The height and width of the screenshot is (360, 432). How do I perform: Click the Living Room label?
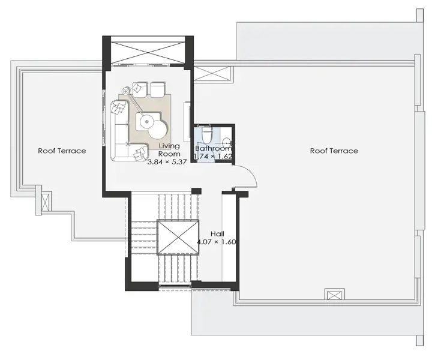pos(169,150)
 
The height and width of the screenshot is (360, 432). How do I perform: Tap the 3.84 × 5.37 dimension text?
pos(167,162)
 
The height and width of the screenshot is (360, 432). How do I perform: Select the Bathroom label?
pos(214,148)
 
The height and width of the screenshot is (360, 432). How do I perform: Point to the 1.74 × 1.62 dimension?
pos(213,157)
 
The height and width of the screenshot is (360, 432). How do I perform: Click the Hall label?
pos(217,234)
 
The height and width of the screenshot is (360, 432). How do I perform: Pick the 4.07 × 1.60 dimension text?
pos(217,242)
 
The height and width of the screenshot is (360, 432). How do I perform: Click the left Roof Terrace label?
pos(62,151)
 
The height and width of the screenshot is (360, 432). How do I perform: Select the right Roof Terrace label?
pos(334,151)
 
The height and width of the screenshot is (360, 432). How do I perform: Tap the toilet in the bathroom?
pos(206,134)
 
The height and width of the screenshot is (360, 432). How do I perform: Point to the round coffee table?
pos(158,130)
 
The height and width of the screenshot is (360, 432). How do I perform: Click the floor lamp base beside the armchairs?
pos(126,91)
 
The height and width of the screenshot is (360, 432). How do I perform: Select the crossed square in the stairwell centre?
pos(178,237)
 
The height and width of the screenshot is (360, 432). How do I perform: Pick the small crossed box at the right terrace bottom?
pos(334,295)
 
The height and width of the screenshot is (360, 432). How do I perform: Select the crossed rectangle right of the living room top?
pos(212,73)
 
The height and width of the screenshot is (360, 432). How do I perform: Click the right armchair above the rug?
pos(158,89)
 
